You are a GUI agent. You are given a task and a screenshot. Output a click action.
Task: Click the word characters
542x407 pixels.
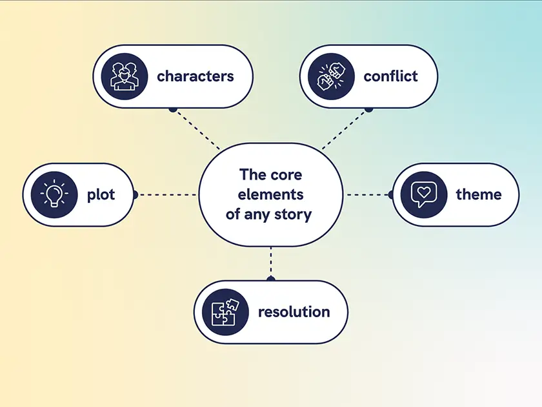(x=195, y=76)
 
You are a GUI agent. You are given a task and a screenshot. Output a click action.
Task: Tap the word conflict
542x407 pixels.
(x=390, y=76)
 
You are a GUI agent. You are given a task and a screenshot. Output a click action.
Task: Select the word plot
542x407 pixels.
(x=101, y=194)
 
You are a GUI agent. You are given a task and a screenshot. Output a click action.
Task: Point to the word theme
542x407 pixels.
(x=478, y=194)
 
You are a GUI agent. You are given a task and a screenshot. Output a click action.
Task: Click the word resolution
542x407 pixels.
(x=294, y=312)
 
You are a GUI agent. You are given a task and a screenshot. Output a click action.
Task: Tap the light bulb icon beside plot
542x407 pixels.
(x=54, y=194)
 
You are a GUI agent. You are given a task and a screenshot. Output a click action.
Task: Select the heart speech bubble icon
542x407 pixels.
(x=423, y=194)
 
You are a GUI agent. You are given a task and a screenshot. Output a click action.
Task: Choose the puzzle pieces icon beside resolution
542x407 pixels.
(x=225, y=312)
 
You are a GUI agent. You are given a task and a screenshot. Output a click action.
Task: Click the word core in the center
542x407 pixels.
(x=286, y=174)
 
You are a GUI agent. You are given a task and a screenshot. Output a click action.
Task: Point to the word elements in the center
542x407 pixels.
(x=270, y=194)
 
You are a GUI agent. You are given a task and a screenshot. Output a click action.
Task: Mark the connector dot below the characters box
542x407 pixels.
(x=172, y=110)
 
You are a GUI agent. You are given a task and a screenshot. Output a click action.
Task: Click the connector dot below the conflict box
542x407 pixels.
(x=368, y=110)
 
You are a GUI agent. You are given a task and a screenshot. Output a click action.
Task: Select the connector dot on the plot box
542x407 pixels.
(x=134, y=194)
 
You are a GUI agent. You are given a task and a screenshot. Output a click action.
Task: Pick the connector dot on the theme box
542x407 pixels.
(x=390, y=194)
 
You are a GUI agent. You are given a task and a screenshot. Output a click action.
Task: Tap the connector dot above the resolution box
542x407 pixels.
(x=270, y=279)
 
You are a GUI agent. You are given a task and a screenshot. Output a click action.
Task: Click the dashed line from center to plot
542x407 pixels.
(x=166, y=194)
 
